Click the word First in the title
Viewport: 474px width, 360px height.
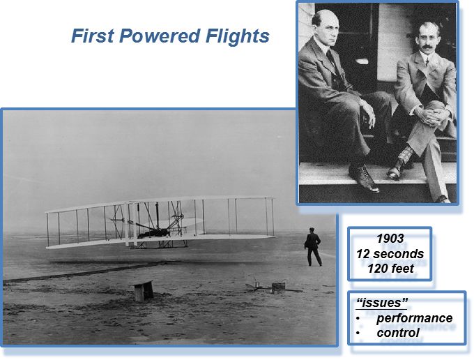(93, 36)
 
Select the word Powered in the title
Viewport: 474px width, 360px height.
(160, 36)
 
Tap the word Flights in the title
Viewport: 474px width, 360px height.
(238, 36)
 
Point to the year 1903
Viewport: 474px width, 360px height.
(390, 239)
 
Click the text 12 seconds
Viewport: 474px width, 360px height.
(390, 254)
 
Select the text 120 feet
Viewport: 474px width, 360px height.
(390, 269)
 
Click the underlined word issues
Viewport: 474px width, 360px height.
(383, 302)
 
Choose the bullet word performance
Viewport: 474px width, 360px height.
(415, 318)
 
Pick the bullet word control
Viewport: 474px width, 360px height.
(398, 333)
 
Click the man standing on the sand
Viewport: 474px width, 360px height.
(312, 247)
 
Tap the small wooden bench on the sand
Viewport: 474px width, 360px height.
(144, 290)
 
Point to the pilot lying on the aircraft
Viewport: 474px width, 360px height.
(153, 233)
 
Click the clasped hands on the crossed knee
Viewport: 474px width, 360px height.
(431, 115)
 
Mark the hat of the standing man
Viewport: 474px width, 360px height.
(312, 229)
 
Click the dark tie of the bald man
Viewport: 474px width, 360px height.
(331, 59)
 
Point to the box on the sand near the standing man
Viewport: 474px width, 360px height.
(278, 288)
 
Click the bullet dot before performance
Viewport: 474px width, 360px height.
(358, 319)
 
